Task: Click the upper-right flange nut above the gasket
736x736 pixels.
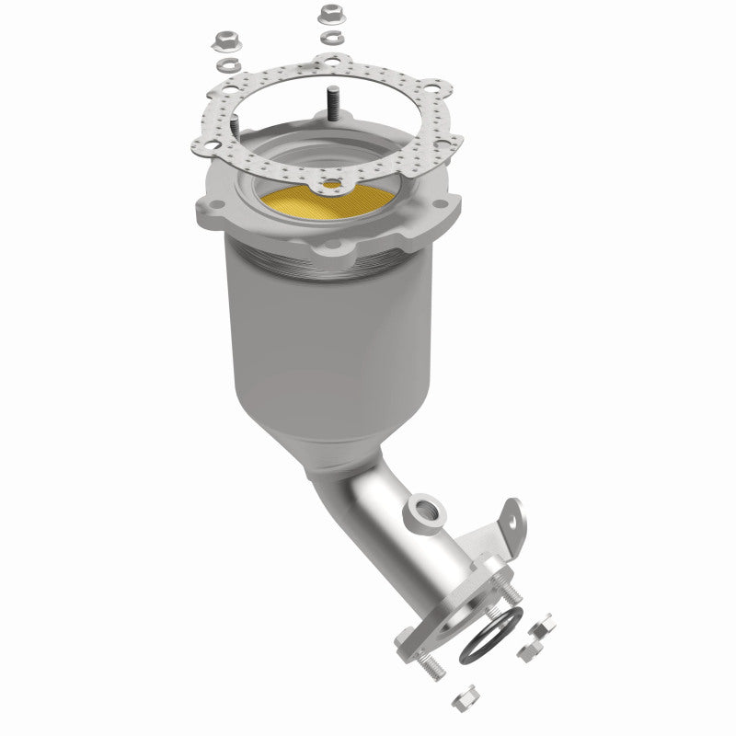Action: (x=330, y=16)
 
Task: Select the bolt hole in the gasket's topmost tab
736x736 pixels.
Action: (x=324, y=63)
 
